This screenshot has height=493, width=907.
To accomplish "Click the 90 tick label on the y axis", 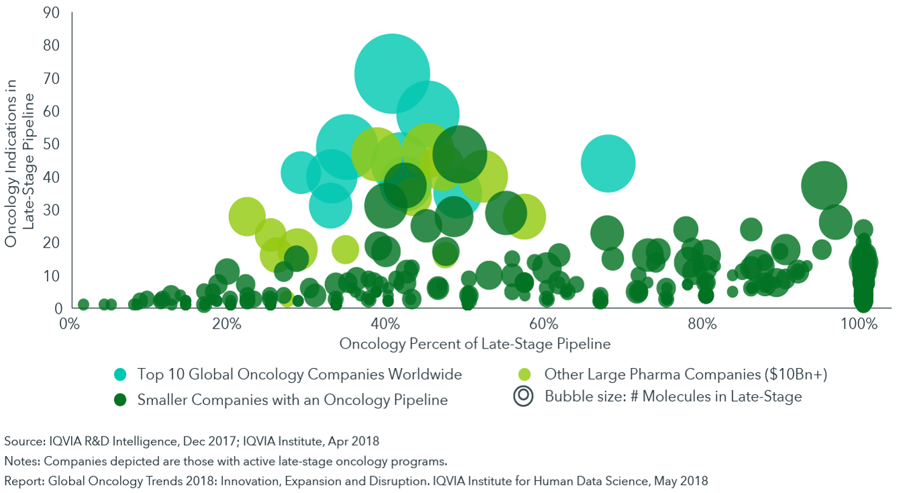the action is point(52,13).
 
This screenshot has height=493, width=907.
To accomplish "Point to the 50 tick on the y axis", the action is point(52,144).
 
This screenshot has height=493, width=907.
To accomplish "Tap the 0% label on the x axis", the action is point(69,324).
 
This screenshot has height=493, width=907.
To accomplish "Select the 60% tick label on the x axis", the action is point(543,324).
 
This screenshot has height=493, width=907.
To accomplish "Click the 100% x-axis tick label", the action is point(859,324).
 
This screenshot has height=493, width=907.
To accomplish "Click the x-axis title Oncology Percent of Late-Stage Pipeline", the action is point(475,344).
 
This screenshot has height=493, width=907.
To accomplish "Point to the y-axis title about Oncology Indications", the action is point(19,163).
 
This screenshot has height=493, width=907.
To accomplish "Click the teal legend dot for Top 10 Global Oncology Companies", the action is point(120,374).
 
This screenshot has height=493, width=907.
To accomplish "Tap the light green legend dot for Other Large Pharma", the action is point(525,374).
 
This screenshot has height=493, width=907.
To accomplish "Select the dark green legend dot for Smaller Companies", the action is point(120,400).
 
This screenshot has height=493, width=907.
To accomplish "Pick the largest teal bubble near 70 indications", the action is point(392,74).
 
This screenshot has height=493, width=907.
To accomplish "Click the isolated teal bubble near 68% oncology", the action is point(608,163).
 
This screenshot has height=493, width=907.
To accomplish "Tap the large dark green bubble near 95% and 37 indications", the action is point(824,185).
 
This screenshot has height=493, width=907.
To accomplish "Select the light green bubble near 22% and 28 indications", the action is point(247,216).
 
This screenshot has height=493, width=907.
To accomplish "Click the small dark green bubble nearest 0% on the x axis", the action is point(83,304).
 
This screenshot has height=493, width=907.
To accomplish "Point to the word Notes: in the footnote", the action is point(22,461).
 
